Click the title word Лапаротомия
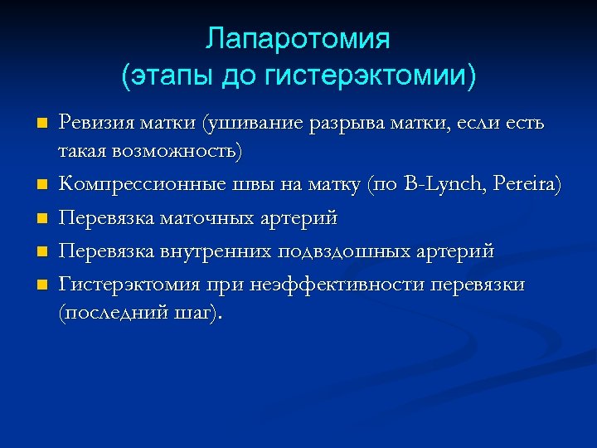point(298,39)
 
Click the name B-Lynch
point(439,183)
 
